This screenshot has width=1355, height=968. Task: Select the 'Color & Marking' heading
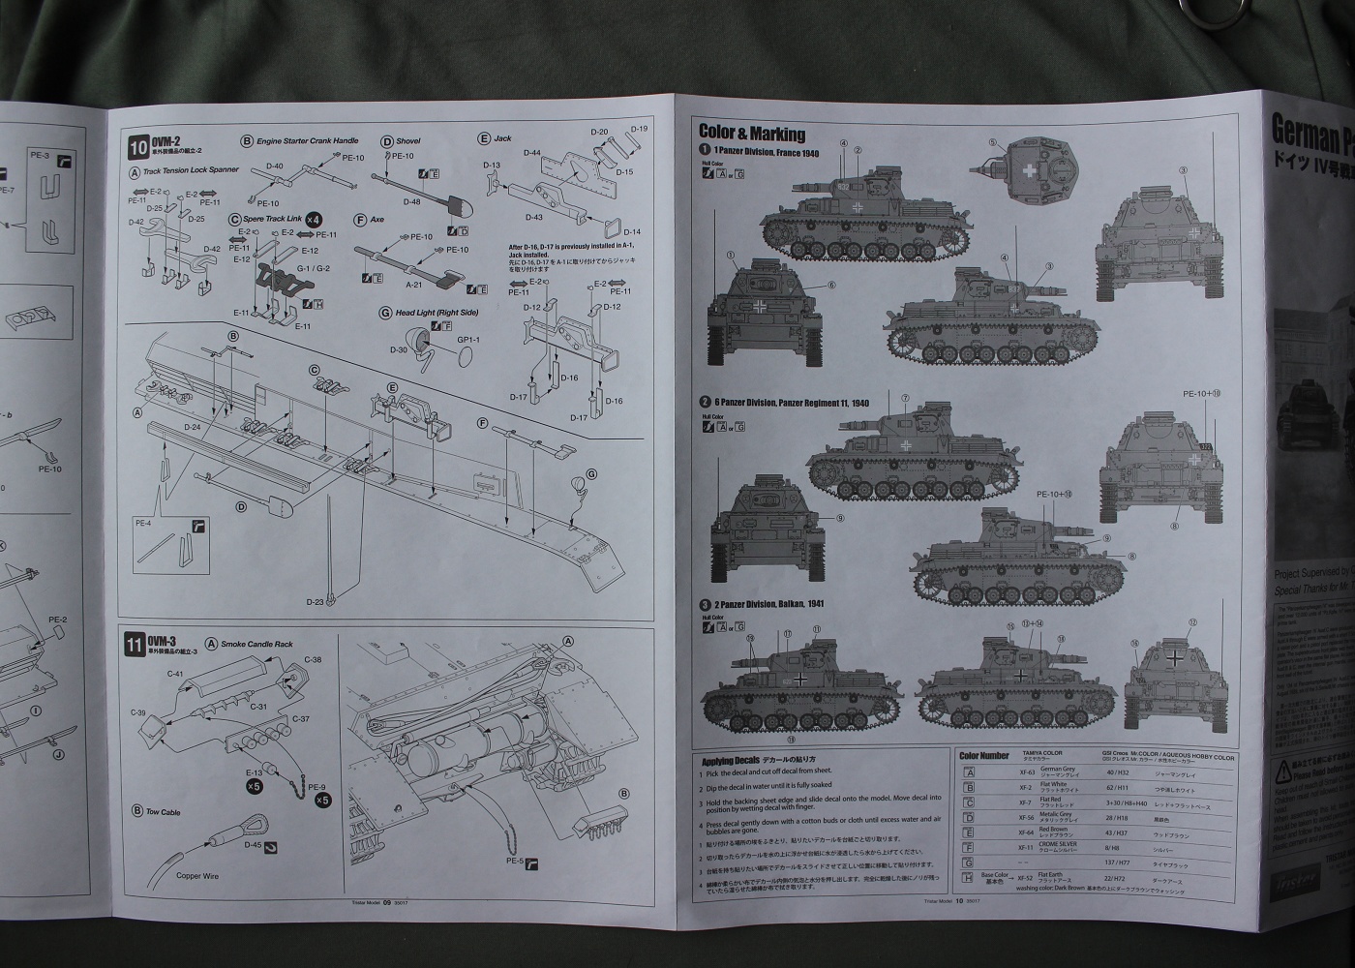(x=751, y=134)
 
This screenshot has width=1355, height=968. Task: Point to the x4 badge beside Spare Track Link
(x=314, y=220)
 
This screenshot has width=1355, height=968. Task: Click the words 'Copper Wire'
(x=196, y=875)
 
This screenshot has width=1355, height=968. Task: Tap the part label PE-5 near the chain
(x=514, y=861)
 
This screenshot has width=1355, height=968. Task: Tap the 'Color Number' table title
(x=983, y=755)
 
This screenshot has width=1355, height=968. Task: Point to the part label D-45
(x=253, y=845)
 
